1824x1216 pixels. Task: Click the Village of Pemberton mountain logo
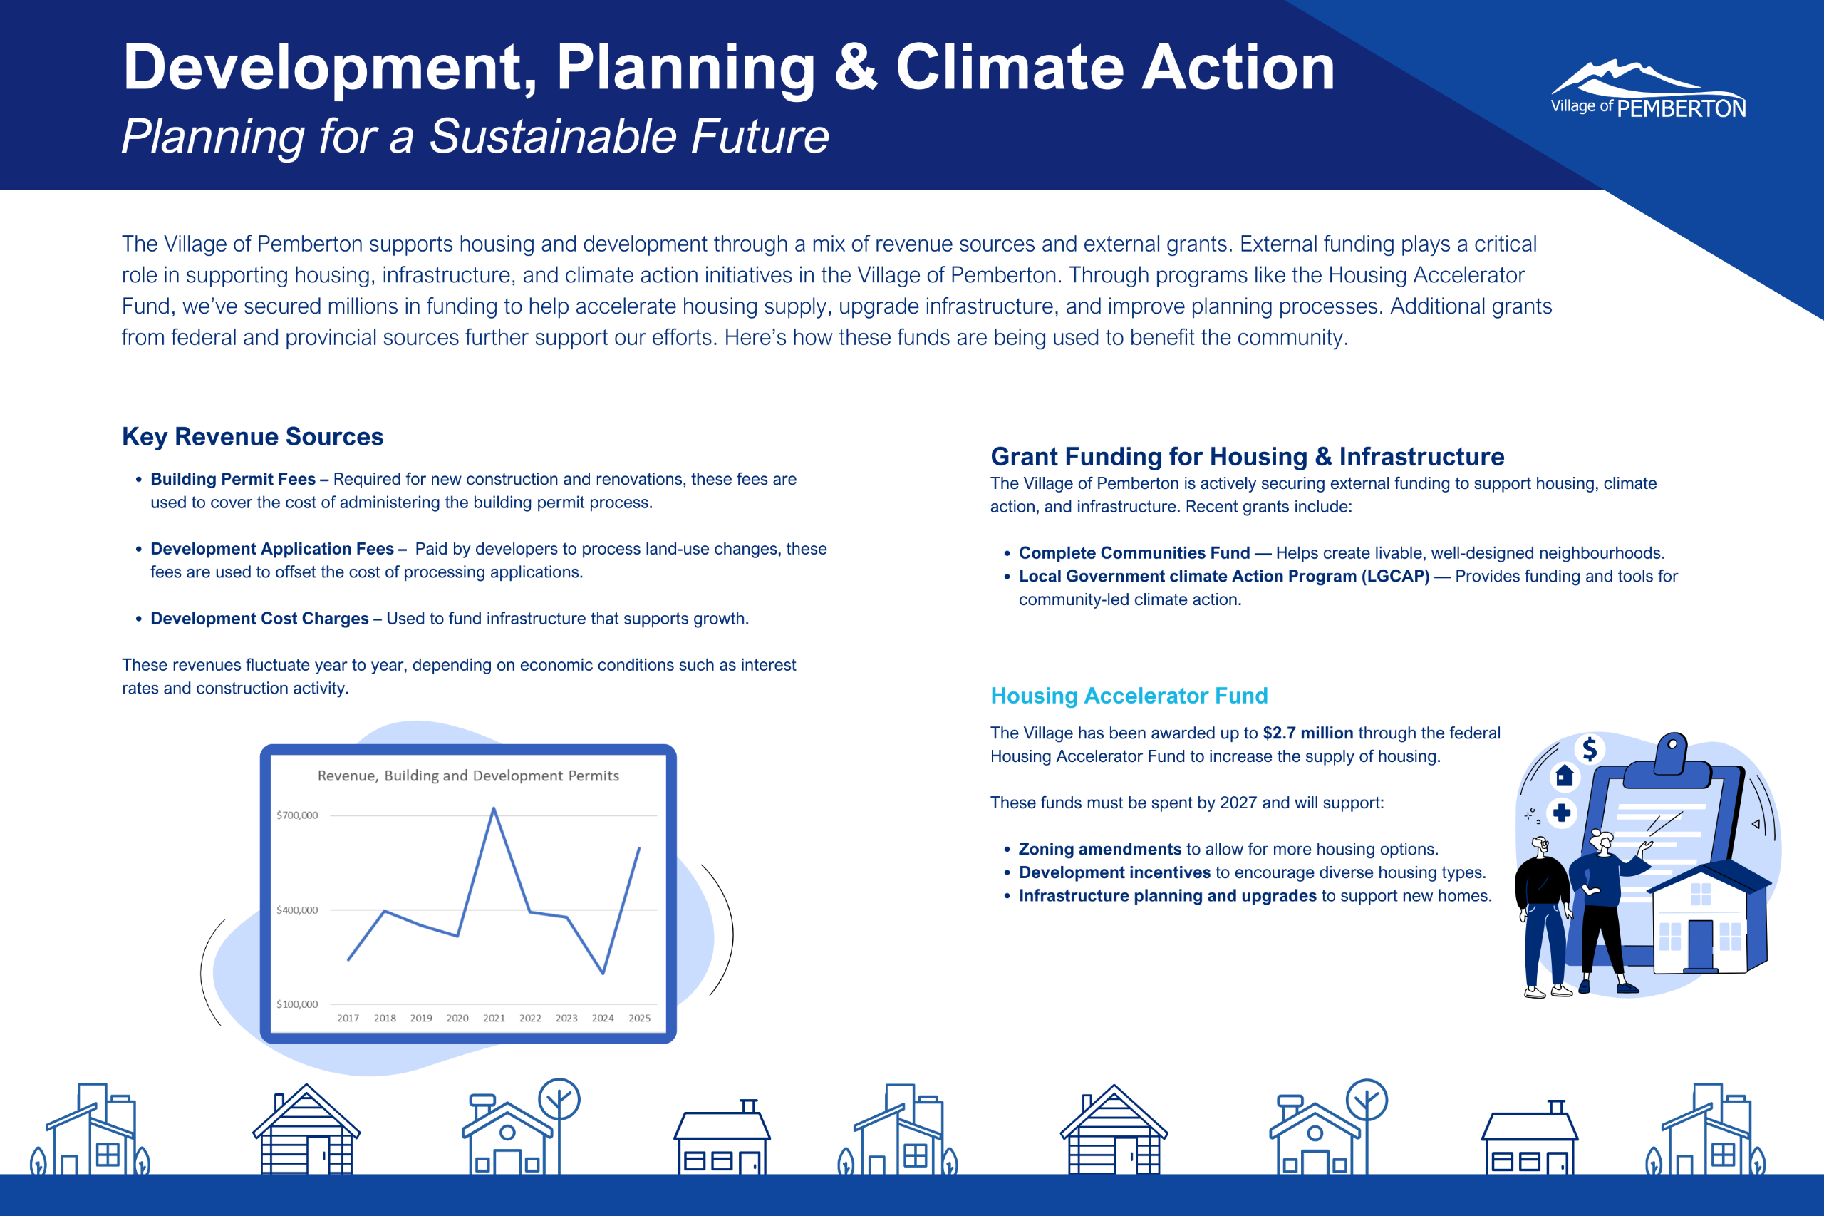point(1647,88)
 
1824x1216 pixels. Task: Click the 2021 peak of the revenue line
point(494,809)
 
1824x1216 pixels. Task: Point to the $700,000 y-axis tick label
point(297,815)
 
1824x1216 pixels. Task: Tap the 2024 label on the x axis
point(602,1019)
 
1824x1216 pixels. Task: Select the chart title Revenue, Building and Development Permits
point(468,776)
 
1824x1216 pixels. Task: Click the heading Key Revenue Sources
point(253,437)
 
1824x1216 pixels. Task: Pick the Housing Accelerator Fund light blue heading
point(1129,696)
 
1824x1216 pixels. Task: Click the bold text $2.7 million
point(1307,733)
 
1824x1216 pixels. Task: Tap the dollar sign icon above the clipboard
point(1590,748)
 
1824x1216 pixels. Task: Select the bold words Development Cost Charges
point(259,618)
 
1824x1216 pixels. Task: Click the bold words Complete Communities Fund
point(1134,553)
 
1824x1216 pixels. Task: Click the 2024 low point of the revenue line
point(603,972)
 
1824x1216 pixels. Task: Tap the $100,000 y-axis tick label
point(297,1004)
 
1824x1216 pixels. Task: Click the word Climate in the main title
point(1010,68)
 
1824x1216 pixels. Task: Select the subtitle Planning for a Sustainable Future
point(475,136)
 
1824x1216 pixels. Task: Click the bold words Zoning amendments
point(1100,849)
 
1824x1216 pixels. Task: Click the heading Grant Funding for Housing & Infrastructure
point(1248,457)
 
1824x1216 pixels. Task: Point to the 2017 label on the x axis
point(348,1019)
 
